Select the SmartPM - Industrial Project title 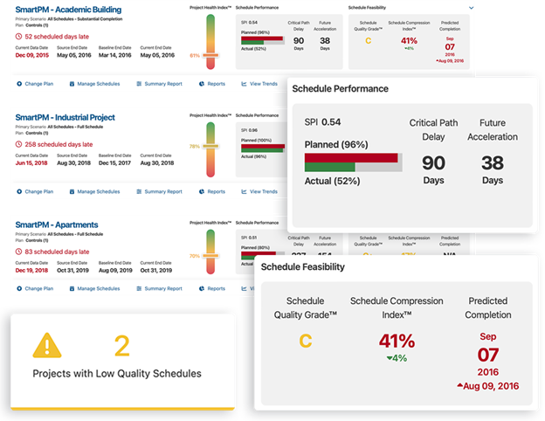66,117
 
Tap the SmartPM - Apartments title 56,224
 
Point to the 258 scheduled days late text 60,143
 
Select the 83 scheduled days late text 59,252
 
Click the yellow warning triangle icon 46,347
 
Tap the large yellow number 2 121,347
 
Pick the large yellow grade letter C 305,341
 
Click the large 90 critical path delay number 433,162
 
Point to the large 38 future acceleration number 492,162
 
